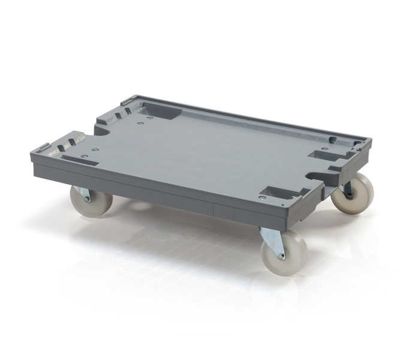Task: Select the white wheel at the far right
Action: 354,193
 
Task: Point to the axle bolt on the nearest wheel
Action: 281,254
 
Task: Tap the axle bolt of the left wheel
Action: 87,197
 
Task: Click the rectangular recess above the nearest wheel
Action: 282,193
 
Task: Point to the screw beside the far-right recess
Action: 324,149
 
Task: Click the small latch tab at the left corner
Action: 42,148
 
